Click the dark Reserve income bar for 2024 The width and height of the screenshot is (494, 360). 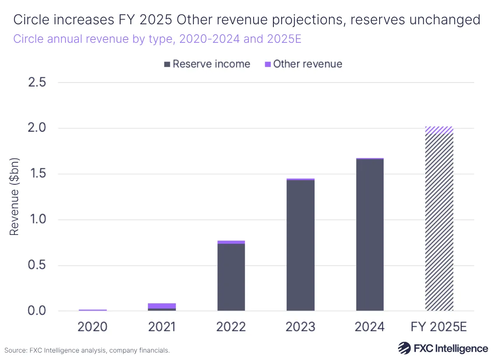(x=370, y=235)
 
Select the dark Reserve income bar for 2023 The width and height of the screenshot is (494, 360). (x=301, y=245)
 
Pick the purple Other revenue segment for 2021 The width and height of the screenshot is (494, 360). (x=162, y=306)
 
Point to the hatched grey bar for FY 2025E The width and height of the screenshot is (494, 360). (x=439, y=222)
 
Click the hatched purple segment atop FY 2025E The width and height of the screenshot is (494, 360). (x=439, y=130)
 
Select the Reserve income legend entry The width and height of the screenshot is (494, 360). (x=207, y=64)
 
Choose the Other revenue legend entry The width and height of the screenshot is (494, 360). (x=303, y=64)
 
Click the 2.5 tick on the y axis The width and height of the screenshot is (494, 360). (x=37, y=83)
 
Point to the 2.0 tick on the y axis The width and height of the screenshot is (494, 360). (x=37, y=128)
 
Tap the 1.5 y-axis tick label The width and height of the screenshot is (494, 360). (x=37, y=174)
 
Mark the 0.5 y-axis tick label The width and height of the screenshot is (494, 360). (x=37, y=265)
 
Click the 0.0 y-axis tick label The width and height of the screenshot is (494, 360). (x=37, y=311)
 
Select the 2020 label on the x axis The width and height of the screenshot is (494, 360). (x=93, y=327)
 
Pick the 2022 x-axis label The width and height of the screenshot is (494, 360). (x=231, y=327)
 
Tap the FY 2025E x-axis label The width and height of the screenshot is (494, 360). (x=439, y=327)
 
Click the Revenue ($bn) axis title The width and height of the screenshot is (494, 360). (x=14, y=197)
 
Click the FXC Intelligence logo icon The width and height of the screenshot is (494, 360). (x=404, y=348)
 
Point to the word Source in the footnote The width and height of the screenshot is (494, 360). (x=16, y=351)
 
